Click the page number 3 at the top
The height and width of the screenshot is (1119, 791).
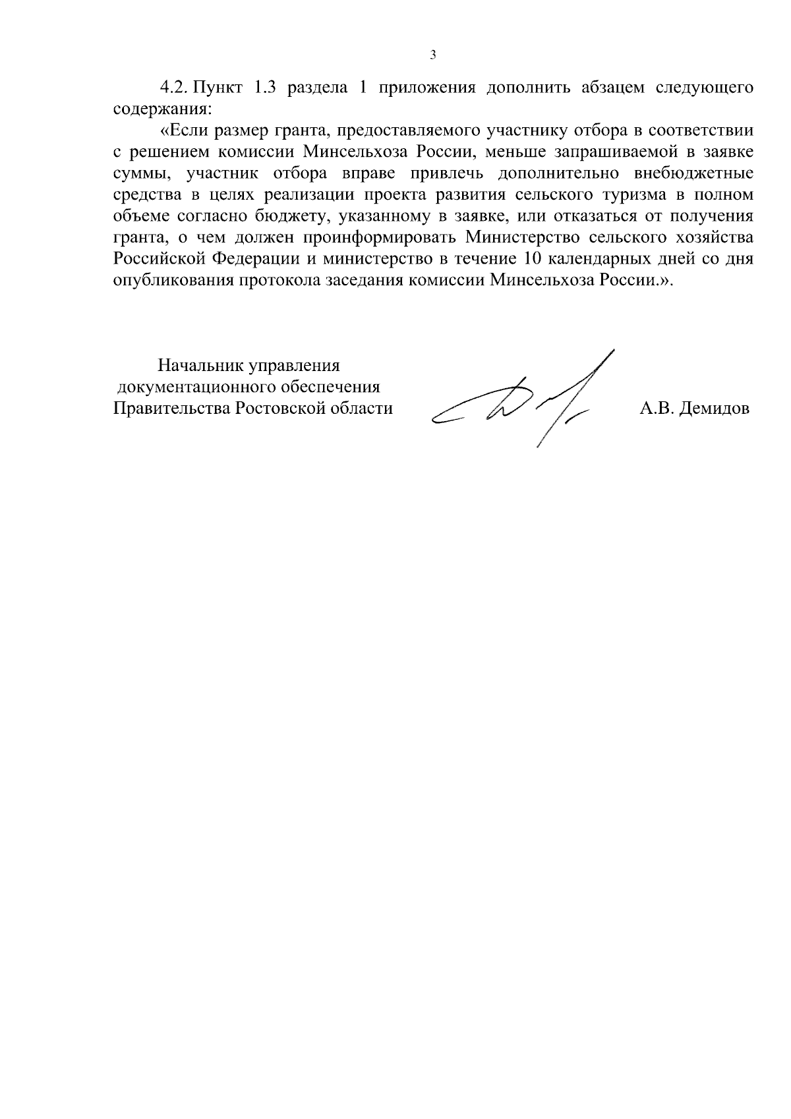432,55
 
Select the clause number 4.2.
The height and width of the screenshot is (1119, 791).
173,88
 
